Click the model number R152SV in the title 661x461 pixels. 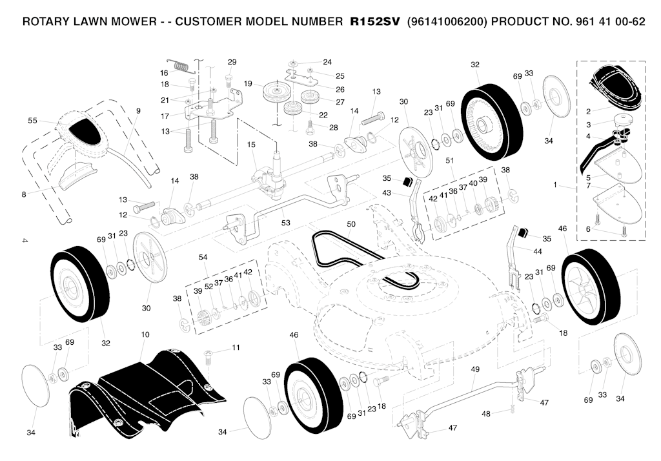(375, 21)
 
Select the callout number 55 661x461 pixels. (32, 121)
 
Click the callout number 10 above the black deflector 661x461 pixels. (145, 334)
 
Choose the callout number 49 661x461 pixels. (475, 369)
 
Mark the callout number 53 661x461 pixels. (286, 222)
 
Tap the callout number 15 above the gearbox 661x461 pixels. (251, 145)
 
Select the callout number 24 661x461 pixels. (327, 62)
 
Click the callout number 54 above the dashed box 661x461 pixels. (203, 257)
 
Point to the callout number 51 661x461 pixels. (449, 160)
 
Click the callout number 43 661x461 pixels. (387, 193)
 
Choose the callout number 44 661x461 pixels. (538, 251)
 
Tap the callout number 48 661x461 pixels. (485, 414)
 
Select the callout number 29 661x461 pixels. (232, 62)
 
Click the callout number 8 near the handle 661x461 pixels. (24, 194)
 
